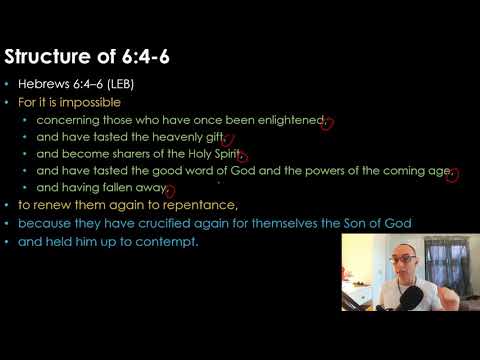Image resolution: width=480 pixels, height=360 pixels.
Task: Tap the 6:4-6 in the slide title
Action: (143, 56)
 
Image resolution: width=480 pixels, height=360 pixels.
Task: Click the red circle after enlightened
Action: (327, 123)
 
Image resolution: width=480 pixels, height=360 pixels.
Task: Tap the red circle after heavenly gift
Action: (227, 141)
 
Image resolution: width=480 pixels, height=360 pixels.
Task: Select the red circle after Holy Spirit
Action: (242, 158)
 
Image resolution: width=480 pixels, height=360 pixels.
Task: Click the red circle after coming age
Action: (453, 175)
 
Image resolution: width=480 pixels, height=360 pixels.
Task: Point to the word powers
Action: (349, 171)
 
